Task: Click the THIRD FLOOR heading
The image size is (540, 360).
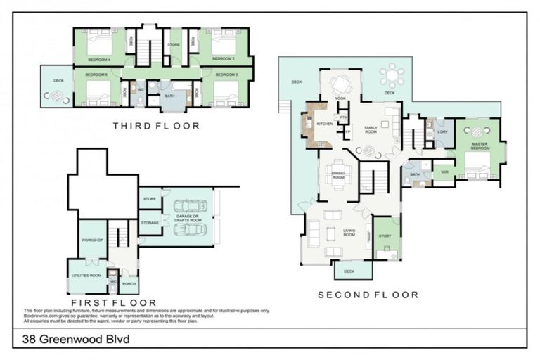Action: [156, 126]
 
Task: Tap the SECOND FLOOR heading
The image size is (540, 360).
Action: [368, 295]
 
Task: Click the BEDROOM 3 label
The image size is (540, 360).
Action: [226, 75]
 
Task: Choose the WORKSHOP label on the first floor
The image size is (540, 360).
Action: [92, 240]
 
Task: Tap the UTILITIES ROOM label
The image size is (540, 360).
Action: [87, 275]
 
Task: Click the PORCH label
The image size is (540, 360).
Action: [129, 284]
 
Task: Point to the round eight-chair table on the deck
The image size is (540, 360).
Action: [390, 75]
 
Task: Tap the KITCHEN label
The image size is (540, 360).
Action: [324, 124]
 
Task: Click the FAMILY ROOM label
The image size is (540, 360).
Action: [371, 129]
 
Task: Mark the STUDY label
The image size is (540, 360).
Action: [385, 236]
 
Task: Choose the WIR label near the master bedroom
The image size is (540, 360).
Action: [444, 172]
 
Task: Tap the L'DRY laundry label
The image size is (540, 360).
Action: [442, 132]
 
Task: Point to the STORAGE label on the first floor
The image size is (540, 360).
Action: [149, 223]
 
